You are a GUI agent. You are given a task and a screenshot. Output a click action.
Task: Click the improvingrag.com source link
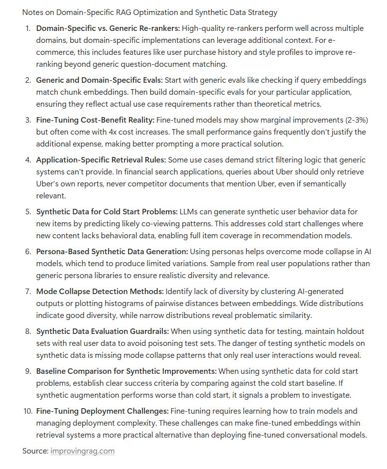pyautogui.click(x=82, y=451)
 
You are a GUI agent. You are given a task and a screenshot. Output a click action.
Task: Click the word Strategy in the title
pyautogui.click(x=261, y=12)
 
